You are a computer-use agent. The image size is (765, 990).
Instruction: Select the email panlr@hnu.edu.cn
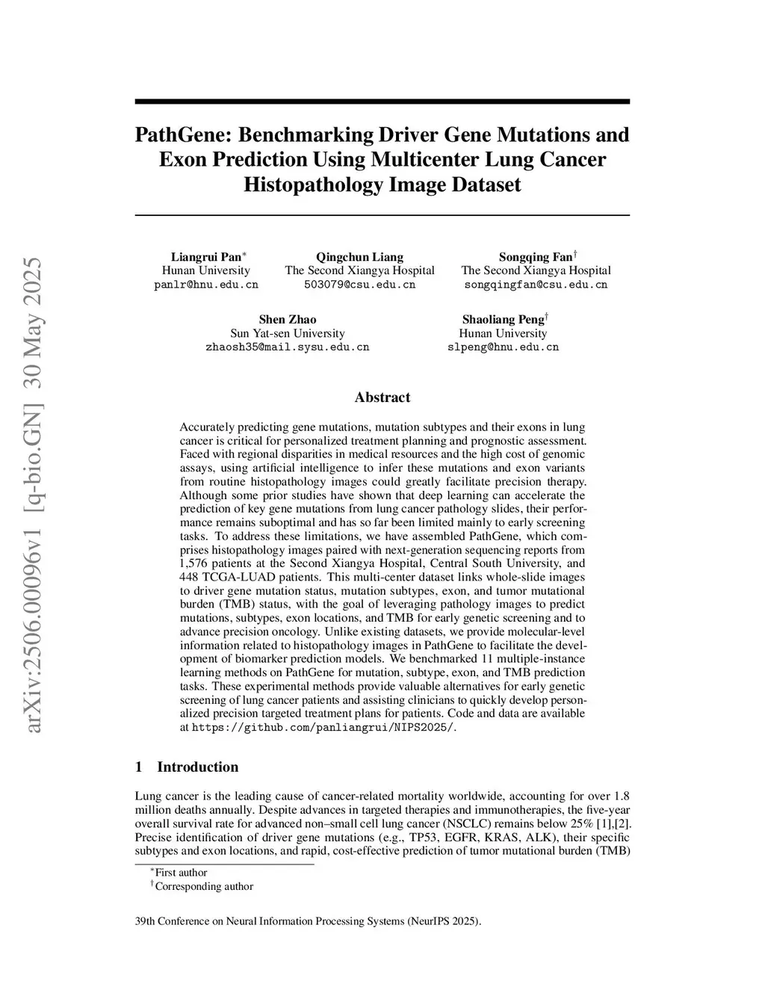[206, 285]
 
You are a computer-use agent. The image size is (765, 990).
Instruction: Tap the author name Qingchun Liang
[359, 257]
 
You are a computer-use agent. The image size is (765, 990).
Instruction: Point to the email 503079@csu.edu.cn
[359, 285]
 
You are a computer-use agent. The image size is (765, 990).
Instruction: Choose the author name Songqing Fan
[535, 257]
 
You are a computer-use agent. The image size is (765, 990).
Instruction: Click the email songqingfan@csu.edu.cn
[536, 285]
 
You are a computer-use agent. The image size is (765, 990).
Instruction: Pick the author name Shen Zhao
[288, 320]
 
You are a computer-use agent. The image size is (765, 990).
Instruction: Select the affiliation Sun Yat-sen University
[288, 333]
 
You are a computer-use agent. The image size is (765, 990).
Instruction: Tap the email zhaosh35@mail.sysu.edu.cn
[288, 347]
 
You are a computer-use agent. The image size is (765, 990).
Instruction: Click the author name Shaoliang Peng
[502, 320]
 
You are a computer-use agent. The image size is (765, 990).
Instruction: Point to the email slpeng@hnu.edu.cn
[503, 347]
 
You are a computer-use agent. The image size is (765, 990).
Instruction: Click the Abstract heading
[382, 397]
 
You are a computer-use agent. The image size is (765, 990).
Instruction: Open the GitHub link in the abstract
[323, 727]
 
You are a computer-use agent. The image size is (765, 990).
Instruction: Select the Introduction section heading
[197, 767]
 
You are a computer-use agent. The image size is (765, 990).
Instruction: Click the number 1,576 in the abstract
[196, 563]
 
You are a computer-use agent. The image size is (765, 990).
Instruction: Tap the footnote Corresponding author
[204, 887]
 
